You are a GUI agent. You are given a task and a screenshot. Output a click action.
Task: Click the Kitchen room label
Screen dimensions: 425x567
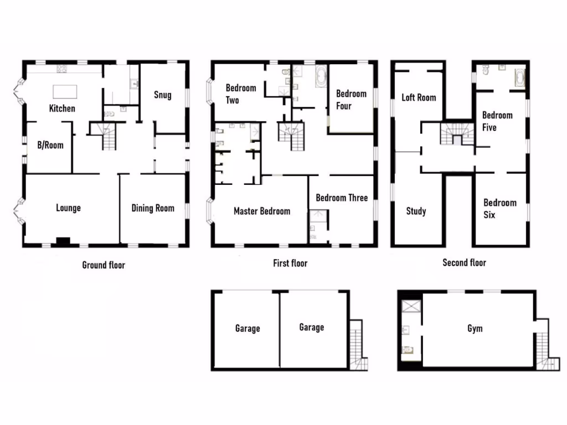(x=62, y=108)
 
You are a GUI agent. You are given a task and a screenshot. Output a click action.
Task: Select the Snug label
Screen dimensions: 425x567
(x=162, y=95)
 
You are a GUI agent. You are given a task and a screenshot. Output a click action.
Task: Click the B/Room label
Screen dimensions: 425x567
(x=50, y=146)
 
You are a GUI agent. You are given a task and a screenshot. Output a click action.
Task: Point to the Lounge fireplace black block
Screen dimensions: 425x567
(x=63, y=241)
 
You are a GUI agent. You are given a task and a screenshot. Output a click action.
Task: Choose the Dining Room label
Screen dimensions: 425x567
(x=152, y=209)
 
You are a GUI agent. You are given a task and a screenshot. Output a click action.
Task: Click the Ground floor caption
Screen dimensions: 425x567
(x=104, y=265)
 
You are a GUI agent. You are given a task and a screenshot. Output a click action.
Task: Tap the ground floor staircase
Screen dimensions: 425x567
(x=109, y=136)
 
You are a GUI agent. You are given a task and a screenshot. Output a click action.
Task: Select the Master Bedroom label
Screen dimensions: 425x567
(x=261, y=211)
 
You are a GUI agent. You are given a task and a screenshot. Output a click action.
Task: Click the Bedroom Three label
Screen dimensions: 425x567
(x=341, y=198)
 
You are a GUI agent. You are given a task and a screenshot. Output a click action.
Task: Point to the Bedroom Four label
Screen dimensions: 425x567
(x=351, y=100)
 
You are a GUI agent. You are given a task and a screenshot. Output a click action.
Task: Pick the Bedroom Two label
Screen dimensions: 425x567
(x=241, y=94)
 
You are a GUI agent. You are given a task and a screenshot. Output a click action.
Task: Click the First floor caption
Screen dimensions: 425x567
(x=290, y=263)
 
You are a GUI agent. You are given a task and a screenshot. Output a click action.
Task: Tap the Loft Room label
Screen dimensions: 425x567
(x=419, y=97)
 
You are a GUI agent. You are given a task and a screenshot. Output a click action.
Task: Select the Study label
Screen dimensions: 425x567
(x=416, y=211)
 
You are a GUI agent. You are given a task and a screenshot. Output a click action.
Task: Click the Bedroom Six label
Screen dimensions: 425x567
(x=499, y=209)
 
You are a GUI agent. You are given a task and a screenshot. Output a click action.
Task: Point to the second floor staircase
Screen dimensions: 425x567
(x=457, y=134)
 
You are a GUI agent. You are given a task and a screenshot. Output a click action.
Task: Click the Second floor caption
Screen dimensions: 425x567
(x=464, y=263)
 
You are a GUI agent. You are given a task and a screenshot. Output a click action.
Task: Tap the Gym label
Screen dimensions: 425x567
(x=475, y=329)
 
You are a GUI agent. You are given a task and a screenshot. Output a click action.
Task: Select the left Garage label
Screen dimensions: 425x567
(x=247, y=329)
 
